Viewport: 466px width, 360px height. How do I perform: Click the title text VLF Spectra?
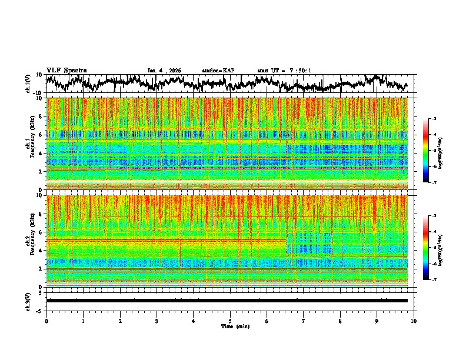(66, 70)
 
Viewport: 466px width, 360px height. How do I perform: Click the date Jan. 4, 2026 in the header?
(164, 71)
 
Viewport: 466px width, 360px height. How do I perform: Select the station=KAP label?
(218, 71)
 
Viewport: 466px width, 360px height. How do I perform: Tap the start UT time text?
(284, 71)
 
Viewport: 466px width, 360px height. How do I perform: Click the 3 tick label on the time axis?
(157, 321)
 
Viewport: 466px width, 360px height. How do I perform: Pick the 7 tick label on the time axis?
(304, 321)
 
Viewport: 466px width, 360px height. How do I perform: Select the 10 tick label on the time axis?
(414, 321)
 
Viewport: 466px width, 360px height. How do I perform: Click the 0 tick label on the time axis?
(46, 321)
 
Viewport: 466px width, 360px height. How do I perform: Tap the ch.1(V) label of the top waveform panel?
(28, 84)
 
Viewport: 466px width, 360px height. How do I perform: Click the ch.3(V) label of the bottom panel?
(28, 300)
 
